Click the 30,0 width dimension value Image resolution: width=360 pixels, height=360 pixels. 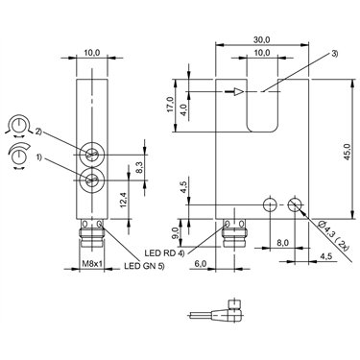coord(262,39)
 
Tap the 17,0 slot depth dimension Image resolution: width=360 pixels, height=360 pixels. coord(170,105)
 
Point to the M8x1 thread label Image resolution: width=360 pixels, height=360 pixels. coord(92,264)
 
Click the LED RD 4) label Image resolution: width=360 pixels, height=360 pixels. coord(165,253)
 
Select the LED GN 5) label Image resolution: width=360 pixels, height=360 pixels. coord(144,265)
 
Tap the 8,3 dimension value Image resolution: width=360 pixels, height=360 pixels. coord(140,167)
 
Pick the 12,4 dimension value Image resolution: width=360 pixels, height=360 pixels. coord(124,200)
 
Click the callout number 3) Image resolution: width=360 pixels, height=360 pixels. coord(334,54)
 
